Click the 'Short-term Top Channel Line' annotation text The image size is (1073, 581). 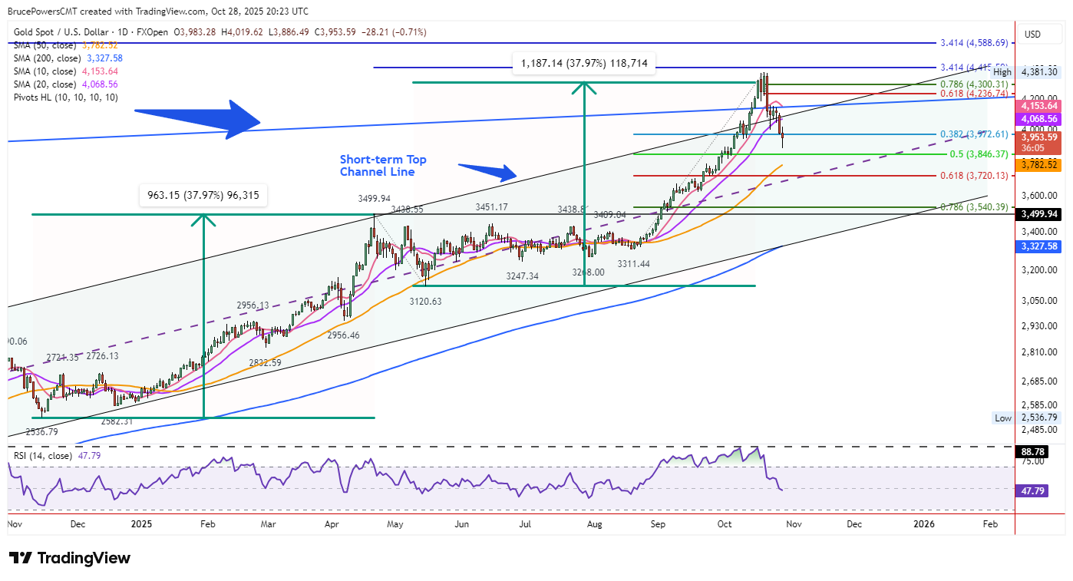point(383,166)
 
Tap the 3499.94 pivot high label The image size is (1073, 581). point(374,199)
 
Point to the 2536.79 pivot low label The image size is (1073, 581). point(41,432)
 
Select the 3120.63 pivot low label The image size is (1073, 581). point(424,301)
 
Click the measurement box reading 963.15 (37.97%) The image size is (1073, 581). point(203,196)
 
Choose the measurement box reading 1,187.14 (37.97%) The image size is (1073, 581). point(584,64)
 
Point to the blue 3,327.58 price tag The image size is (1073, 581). point(1039,246)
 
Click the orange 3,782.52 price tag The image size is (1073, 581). point(1039,165)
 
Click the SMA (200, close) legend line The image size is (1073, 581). point(68,58)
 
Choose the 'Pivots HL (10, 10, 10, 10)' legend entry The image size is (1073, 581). point(66,97)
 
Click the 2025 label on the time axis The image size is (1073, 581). point(141,524)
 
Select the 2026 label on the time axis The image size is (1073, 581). point(923,524)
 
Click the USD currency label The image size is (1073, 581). point(1032,34)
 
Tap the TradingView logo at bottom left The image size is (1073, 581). point(70,558)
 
